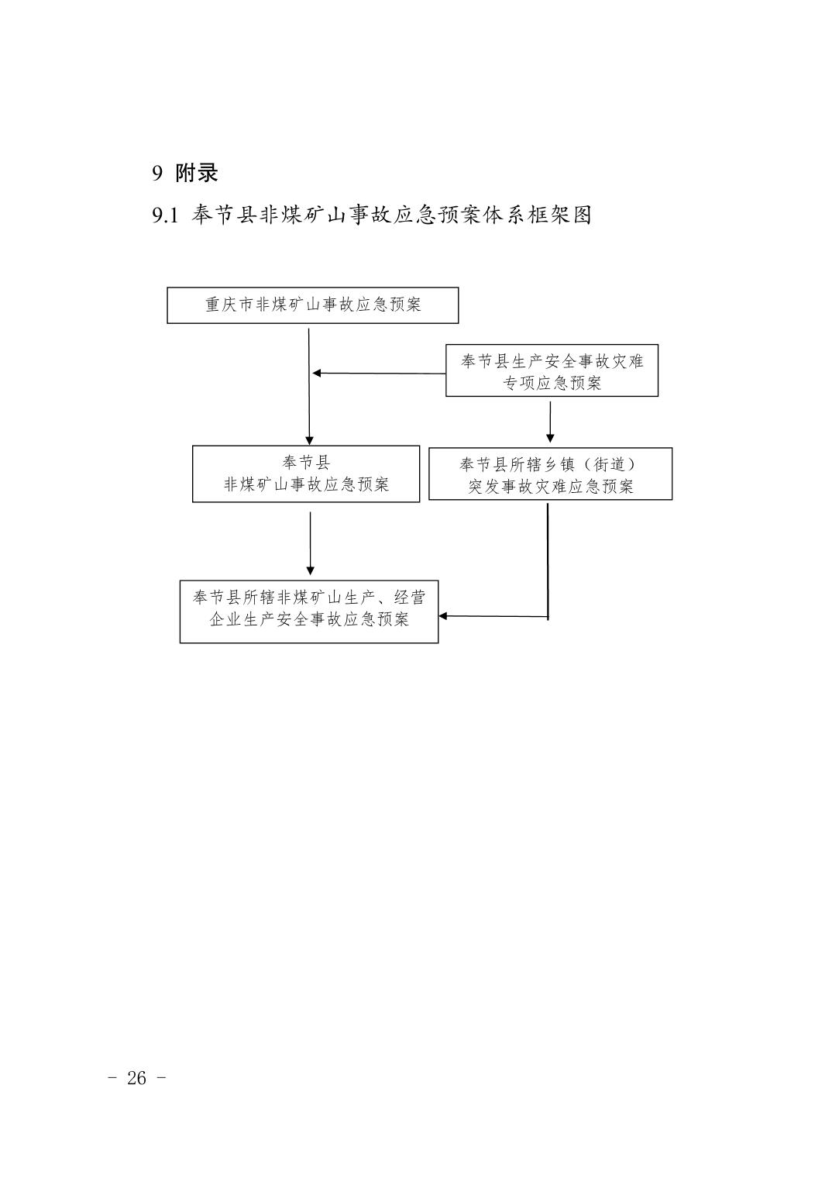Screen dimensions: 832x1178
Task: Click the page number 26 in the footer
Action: tap(136, 1078)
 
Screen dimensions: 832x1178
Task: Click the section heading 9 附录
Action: tap(185, 173)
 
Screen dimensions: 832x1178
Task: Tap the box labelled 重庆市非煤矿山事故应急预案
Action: tap(313, 305)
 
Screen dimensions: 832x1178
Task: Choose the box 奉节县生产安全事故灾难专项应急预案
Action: tap(552, 370)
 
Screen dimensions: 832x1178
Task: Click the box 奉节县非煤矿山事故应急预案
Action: tap(306, 474)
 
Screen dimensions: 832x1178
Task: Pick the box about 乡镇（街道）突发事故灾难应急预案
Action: tap(550, 474)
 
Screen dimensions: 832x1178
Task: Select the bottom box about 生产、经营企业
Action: tap(309, 611)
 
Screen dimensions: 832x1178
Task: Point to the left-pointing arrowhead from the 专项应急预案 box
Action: tap(316, 374)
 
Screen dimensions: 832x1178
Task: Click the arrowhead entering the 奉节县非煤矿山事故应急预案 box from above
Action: tap(310, 441)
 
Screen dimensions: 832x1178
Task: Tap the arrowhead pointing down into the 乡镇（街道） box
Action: tap(550, 439)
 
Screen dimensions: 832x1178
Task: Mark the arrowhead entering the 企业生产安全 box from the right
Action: tap(442, 616)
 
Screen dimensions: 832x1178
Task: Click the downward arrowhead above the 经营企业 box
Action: tap(310, 570)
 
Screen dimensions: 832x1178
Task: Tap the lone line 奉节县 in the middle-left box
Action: tap(306, 463)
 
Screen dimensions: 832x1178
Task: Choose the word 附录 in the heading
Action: tap(197, 173)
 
